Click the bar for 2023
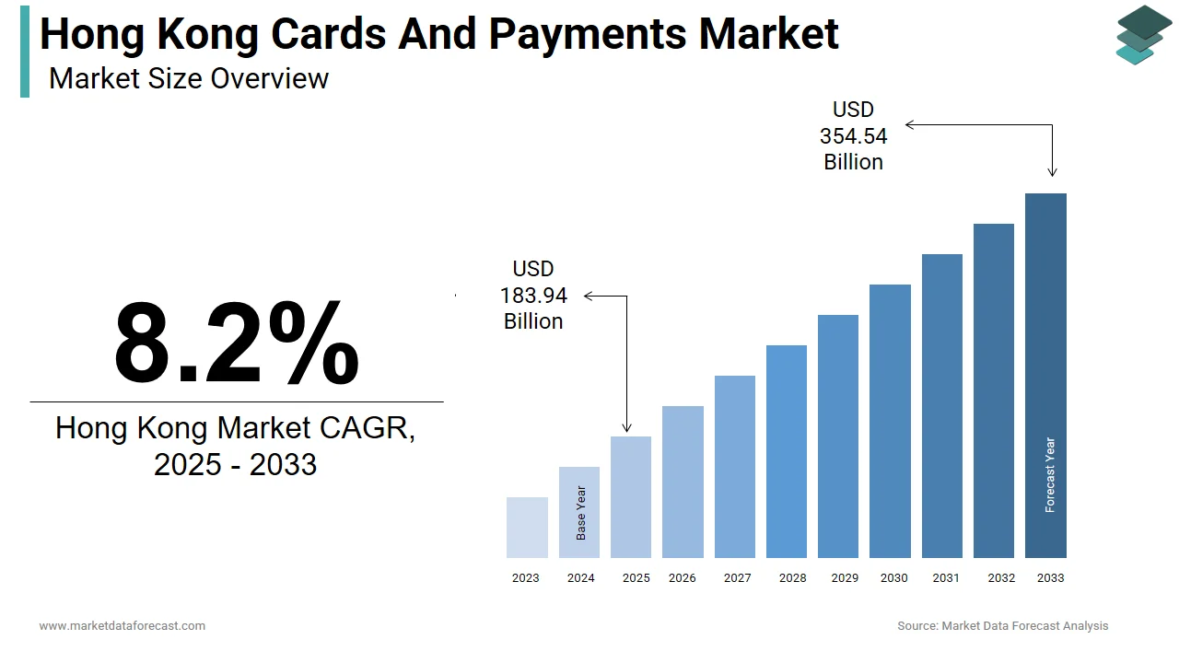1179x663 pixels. pos(527,528)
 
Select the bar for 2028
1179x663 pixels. pos(786,451)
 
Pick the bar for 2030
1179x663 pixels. pos(890,421)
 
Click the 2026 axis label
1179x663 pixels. pos(682,578)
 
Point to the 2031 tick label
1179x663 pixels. pos(945,578)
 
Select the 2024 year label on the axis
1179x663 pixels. pos(580,578)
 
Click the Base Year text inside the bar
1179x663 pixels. pos(580,513)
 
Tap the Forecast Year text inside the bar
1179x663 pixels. pos(1050,474)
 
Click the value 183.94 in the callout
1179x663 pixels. pos(533,296)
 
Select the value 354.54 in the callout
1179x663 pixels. pos(853,136)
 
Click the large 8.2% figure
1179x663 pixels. pos(236,343)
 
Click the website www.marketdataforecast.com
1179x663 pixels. pos(122,626)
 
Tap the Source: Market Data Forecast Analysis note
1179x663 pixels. pos(1002,626)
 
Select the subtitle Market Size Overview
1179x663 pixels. pos(188,78)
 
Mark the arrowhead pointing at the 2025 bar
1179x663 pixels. pos(627,427)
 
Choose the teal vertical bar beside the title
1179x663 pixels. pos(25,51)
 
